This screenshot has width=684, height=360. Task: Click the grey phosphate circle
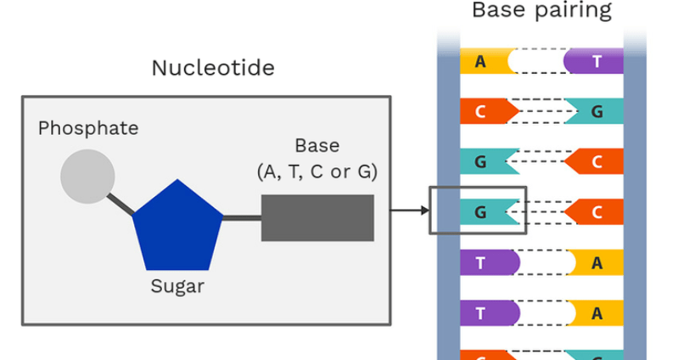[x=87, y=177]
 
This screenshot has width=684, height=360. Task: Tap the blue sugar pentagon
[x=177, y=228]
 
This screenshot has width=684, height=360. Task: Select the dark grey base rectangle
[x=317, y=217]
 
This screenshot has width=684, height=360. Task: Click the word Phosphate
[x=88, y=128]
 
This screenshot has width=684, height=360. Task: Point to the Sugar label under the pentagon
[x=177, y=287]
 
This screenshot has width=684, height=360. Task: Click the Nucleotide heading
[x=213, y=68]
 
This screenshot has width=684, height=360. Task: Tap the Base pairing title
[x=541, y=10]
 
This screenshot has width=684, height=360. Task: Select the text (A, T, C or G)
[x=317, y=172]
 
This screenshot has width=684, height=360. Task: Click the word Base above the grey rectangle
[x=317, y=146]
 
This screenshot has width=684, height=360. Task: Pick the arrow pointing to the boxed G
[x=410, y=211]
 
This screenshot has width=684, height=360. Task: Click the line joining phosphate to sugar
[x=121, y=205]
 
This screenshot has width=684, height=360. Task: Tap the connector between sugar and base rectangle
[x=242, y=217]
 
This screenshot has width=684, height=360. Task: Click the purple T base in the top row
[x=593, y=61]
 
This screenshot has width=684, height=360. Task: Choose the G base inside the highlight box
[x=490, y=212]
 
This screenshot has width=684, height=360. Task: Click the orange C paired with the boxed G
[x=594, y=212]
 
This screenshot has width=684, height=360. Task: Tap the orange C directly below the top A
[x=490, y=111]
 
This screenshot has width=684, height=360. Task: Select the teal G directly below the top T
[x=594, y=111]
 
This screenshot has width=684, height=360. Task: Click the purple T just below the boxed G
[x=490, y=262]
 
